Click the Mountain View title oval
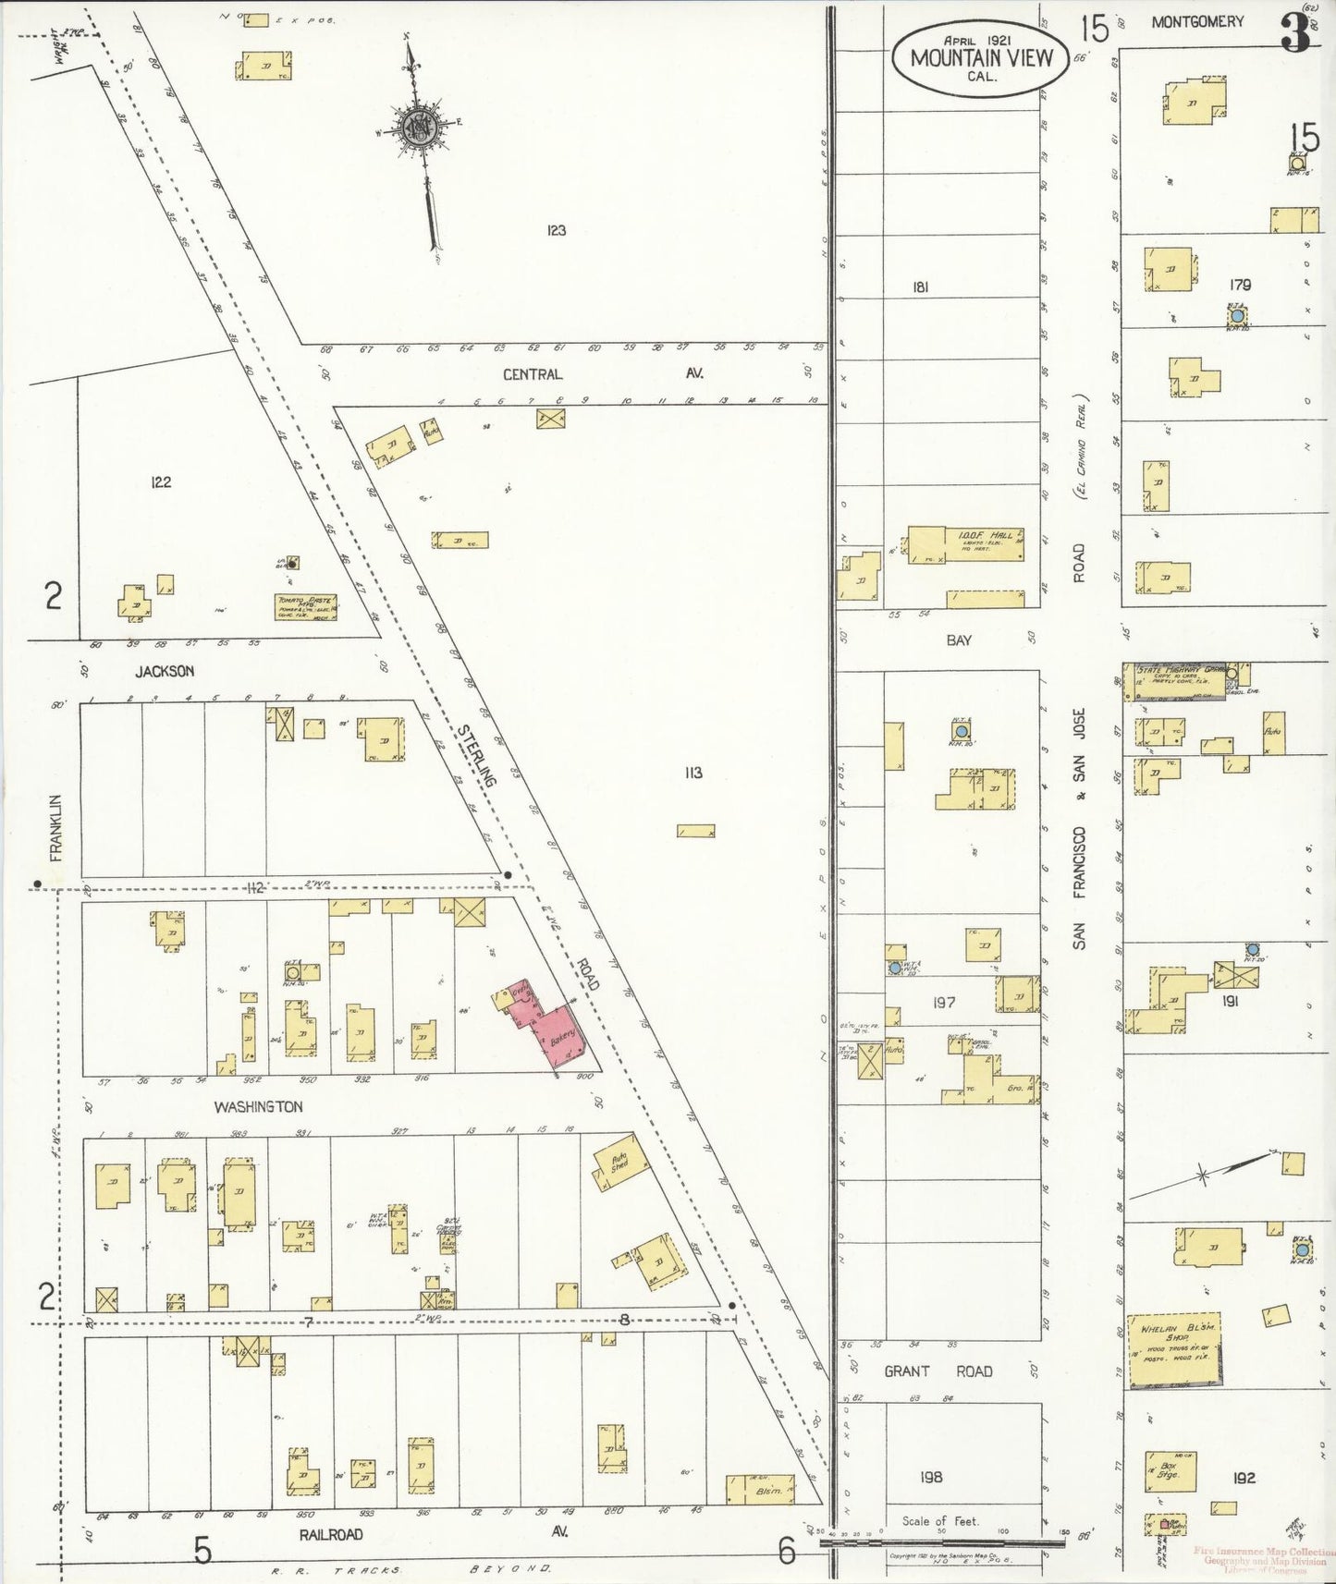[x=981, y=57]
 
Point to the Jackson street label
[x=164, y=671]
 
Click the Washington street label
[x=258, y=1106]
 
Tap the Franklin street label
[x=56, y=827]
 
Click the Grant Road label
[x=938, y=1371]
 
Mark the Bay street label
[x=959, y=640]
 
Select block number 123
[x=555, y=230]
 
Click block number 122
[x=161, y=481]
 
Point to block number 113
[x=693, y=773]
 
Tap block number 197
[x=943, y=1002]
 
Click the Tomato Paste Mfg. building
[x=305, y=606]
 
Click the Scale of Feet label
[x=939, y=1520]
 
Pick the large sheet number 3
[x=1294, y=35]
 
